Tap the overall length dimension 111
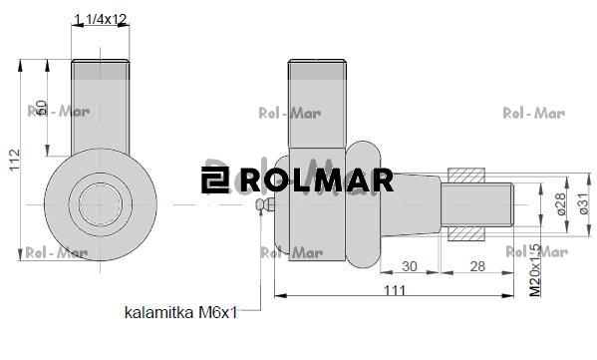394,288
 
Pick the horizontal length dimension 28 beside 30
477,265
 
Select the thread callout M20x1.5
535,269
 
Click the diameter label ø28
560,203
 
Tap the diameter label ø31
583,203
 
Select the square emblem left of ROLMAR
213,180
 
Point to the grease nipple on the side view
263,204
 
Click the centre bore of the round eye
103,202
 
